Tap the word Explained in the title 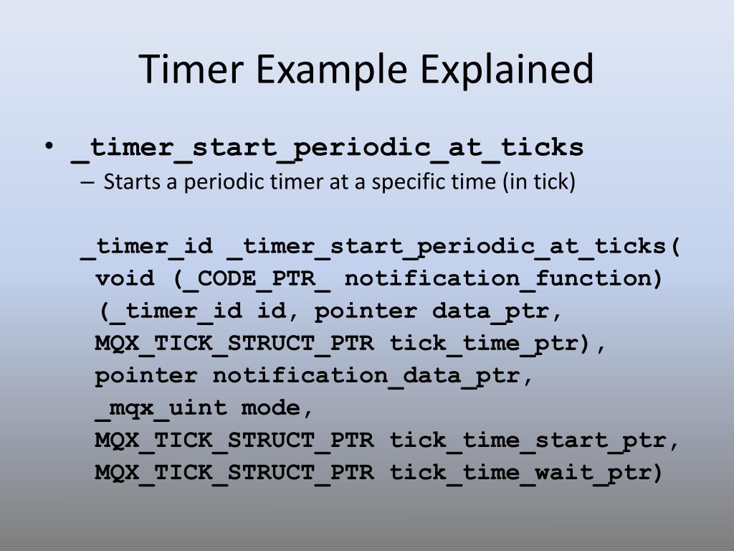[x=506, y=70]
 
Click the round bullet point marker [x=49, y=146]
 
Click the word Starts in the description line [x=133, y=182]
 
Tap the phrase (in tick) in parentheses [x=540, y=182]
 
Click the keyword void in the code [x=125, y=279]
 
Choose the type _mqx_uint [x=161, y=408]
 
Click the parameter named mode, [x=277, y=408]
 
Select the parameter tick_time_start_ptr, [x=534, y=441]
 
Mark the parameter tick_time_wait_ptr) [x=526, y=473]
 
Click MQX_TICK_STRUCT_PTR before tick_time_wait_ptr [x=234, y=473]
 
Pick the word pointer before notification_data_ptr [x=146, y=376]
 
